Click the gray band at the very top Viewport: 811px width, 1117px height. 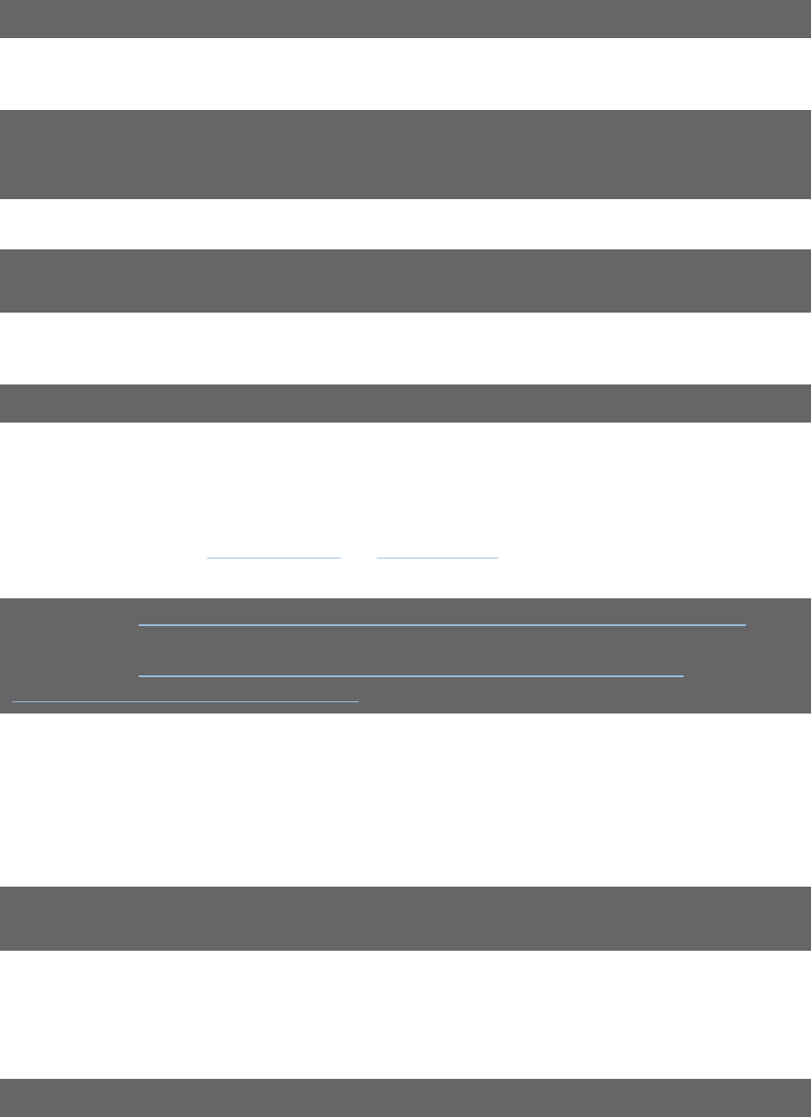pyautogui.click(x=405, y=18)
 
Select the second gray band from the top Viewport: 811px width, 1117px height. pyautogui.click(x=405, y=154)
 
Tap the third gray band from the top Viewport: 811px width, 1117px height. pyautogui.click(x=405, y=281)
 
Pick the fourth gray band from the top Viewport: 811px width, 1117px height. pyautogui.click(x=405, y=403)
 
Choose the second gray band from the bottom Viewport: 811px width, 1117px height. pyautogui.click(x=405, y=918)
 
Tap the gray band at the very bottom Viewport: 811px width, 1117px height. pyautogui.click(x=405, y=1097)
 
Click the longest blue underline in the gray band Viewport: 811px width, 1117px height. pyautogui.click(x=442, y=624)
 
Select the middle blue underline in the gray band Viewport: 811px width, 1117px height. pyautogui.click(x=411, y=675)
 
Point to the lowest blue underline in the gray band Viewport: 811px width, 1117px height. pyautogui.click(x=185, y=701)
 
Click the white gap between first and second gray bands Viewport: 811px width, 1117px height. pyautogui.click(x=405, y=74)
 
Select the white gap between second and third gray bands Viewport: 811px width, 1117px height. pyautogui.click(x=405, y=224)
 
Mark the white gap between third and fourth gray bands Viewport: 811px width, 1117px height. pyautogui.click(x=405, y=348)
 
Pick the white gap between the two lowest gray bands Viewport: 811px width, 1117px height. pyautogui.click(x=405, y=1014)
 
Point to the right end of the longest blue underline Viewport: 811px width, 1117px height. pyautogui.click(x=744, y=624)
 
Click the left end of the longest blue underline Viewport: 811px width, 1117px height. pyautogui.click(x=140, y=624)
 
